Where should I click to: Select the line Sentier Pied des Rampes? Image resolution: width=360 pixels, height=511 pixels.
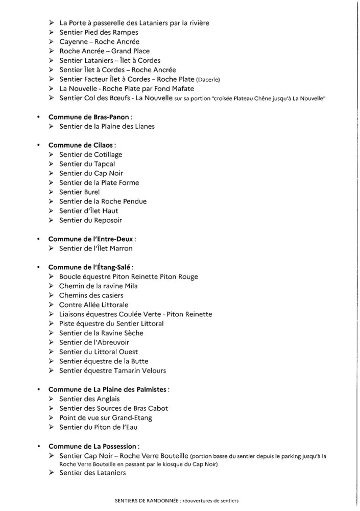pyautogui.click(x=91, y=32)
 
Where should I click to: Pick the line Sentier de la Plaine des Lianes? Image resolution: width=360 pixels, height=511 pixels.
pyautogui.click(x=107, y=126)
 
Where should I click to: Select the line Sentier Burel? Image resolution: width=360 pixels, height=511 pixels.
pyautogui.click(x=80, y=192)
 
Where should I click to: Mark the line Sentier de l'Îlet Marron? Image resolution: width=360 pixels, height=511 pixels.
pyautogui.click(x=95, y=248)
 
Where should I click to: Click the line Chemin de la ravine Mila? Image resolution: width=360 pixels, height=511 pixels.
pyautogui.click(x=99, y=286)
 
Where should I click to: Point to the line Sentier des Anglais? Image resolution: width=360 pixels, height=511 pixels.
pyautogui.click(x=91, y=399)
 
